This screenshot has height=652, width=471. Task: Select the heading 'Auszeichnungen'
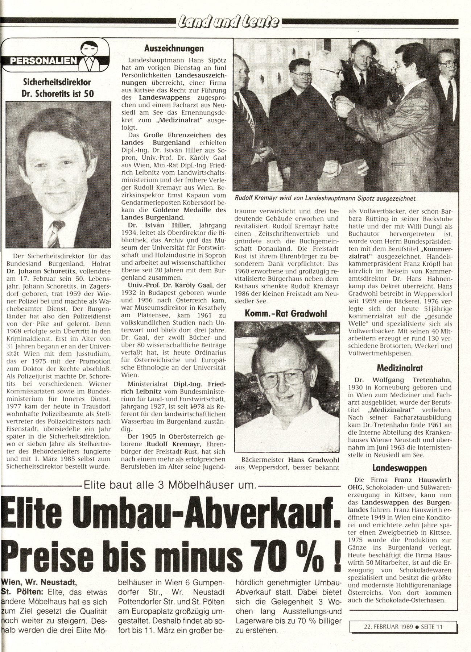[174, 49]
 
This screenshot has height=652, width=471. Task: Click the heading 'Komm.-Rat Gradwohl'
[286, 313]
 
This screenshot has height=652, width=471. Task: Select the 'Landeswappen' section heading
[400, 468]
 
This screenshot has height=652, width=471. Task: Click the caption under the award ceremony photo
[326, 198]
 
